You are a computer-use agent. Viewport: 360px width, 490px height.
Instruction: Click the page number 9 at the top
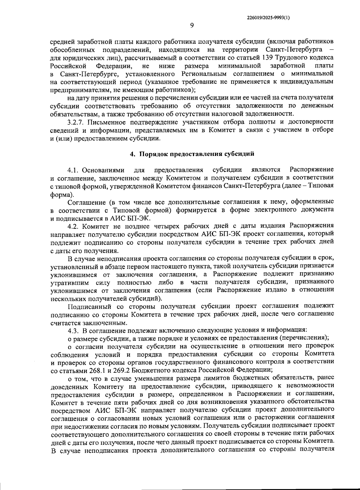pyautogui.click(x=192, y=25)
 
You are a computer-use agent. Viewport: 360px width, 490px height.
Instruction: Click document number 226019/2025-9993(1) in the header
pyautogui.click(x=268, y=18)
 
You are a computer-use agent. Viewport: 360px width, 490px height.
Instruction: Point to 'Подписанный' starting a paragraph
pyautogui.click(x=86, y=306)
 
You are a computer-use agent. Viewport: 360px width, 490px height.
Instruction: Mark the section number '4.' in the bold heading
pyautogui.click(x=131, y=154)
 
